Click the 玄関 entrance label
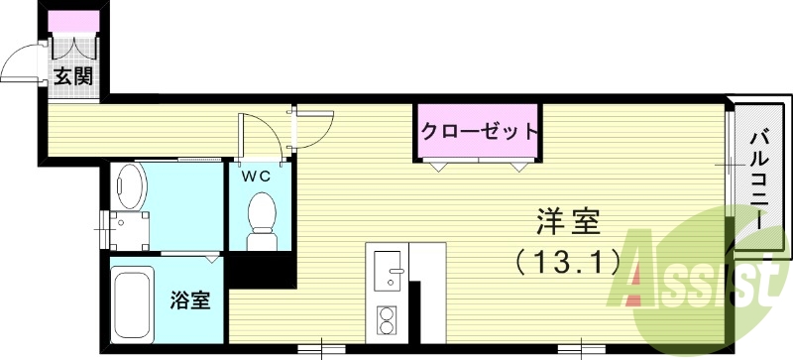point(73,75)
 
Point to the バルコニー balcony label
point(760,179)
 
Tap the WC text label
point(258,176)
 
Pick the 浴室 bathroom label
point(189,300)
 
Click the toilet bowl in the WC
point(262,215)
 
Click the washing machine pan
point(125,231)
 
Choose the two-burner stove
point(387,319)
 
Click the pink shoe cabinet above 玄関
point(72,22)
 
